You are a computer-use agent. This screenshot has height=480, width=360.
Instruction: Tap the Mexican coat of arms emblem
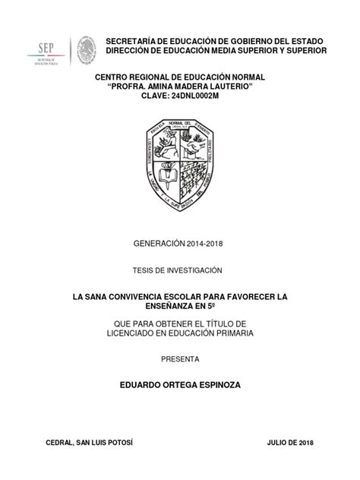[x=85, y=51]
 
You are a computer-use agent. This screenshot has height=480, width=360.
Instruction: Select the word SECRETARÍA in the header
[x=131, y=39]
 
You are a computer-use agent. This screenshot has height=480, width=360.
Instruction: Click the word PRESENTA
[x=180, y=358]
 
